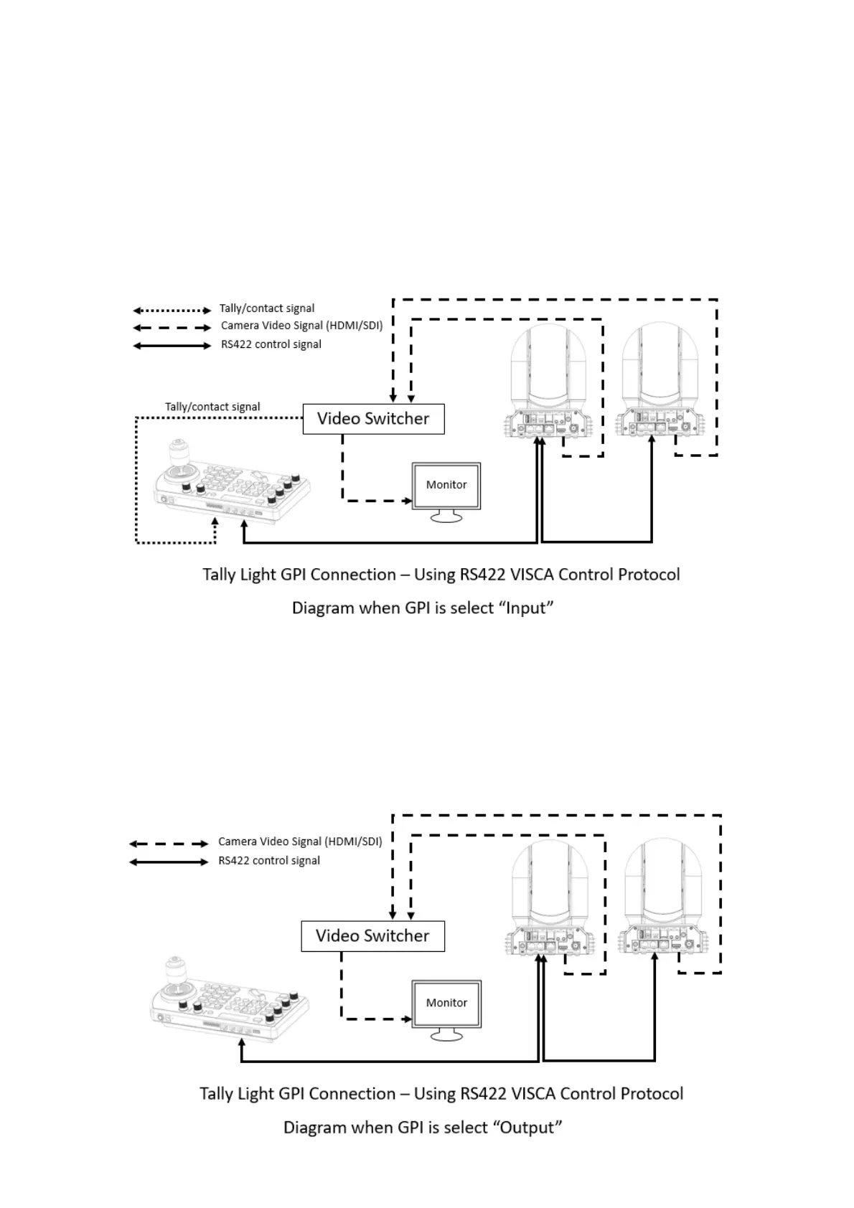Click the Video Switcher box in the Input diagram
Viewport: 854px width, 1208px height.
click(x=373, y=419)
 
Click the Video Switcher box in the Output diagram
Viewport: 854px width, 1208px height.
click(x=372, y=936)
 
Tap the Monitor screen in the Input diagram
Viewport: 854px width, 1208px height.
click(x=446, y=486)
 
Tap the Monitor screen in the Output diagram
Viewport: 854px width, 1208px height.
click(x=446, y=1003)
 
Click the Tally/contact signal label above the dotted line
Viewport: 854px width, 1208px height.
click(x=212, y=407)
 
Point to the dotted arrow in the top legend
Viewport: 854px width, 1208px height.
click(x=172, y=311)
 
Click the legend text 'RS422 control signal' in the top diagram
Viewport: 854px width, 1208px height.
click(x=271, y=344)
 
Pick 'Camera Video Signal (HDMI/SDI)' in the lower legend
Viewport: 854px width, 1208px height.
click(x=300, y=841)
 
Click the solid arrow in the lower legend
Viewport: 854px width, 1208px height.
click(x=169, y=862)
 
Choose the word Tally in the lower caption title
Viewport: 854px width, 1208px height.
click(x=217, y=1094)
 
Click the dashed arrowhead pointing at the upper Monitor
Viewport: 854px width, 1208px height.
click(x=408, y=500)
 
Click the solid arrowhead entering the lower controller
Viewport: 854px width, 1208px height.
click(x=243, y=1044)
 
